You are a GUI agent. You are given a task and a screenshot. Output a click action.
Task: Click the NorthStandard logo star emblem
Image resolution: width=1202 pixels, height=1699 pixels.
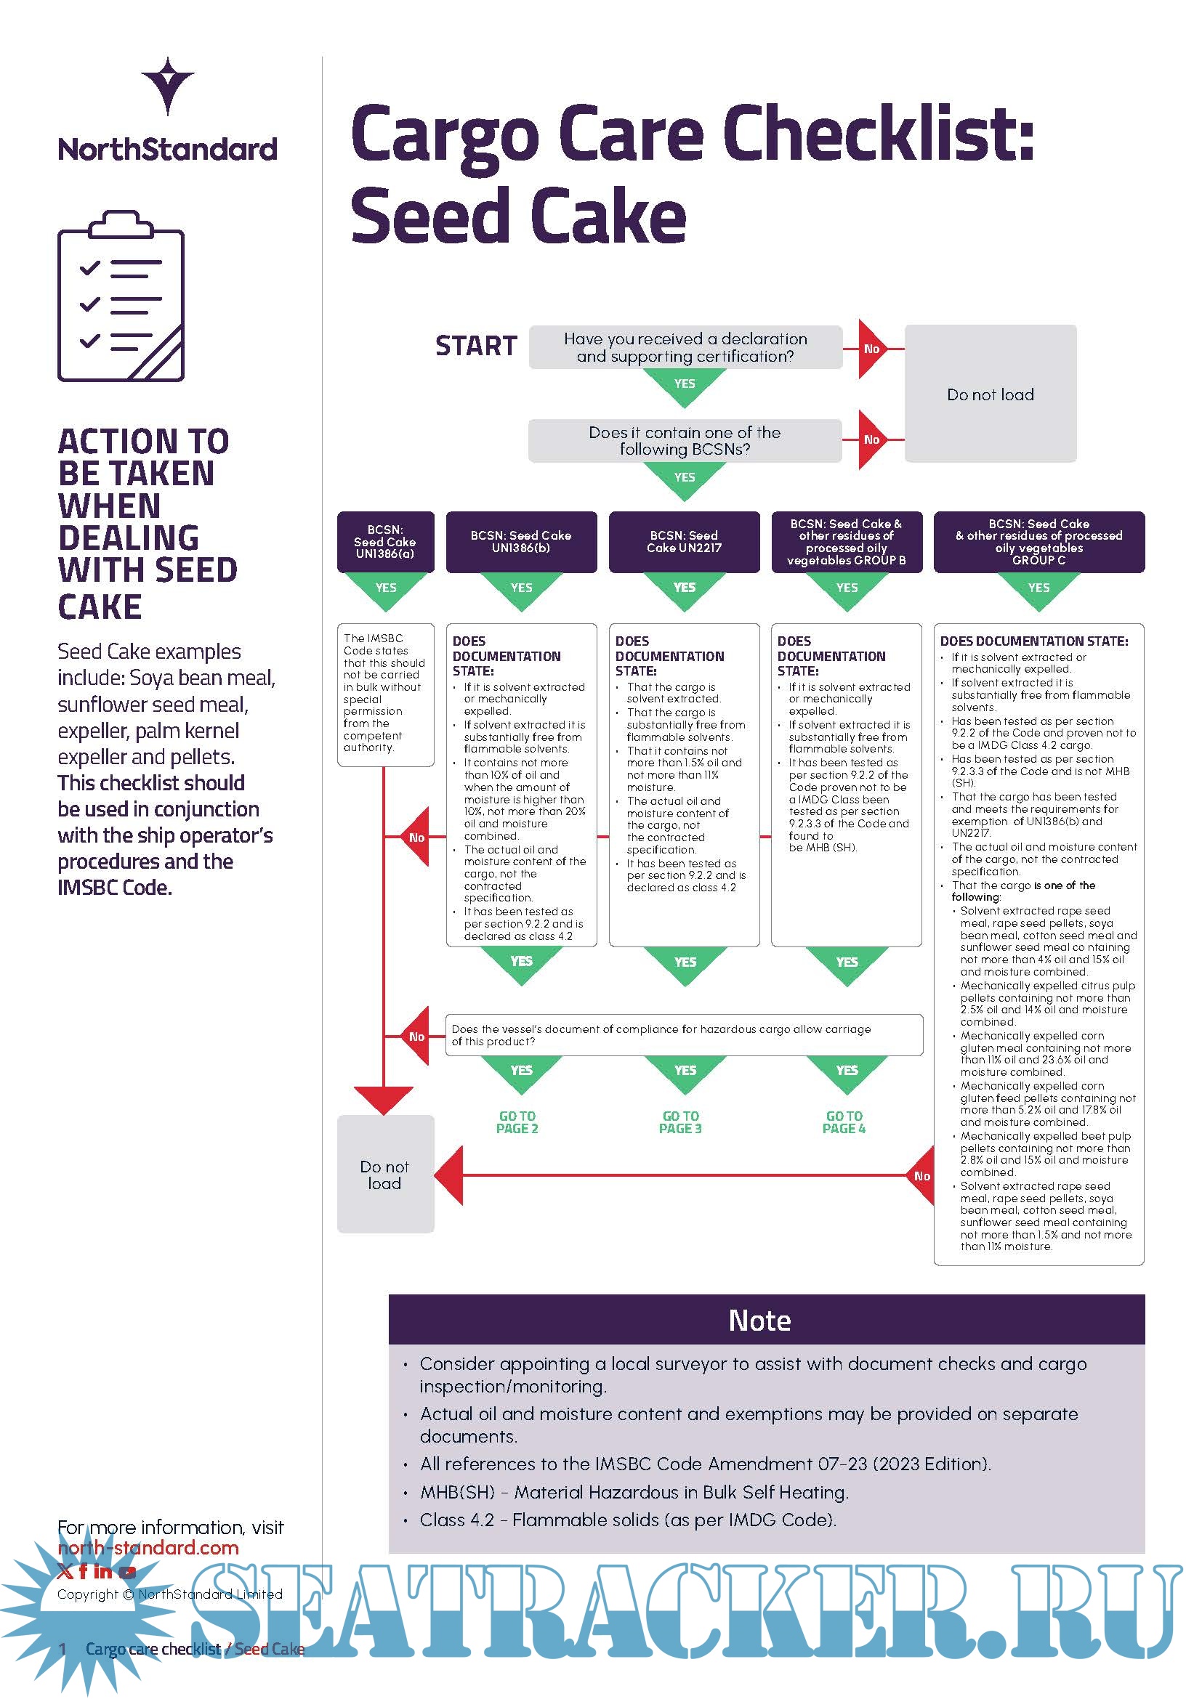point(168,84)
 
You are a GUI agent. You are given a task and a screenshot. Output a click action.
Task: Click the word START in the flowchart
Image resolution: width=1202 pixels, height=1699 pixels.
point(476,346)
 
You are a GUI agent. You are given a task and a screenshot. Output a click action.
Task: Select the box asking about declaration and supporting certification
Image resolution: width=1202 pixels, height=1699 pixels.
point(685,347)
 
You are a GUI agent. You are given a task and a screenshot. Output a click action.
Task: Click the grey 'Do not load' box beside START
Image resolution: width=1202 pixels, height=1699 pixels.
point(991,394)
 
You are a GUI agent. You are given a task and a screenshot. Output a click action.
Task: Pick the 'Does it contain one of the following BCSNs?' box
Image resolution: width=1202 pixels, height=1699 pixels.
point(685,441)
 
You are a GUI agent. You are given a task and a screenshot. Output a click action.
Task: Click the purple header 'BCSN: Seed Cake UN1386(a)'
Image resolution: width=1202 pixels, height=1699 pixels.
point(385,542)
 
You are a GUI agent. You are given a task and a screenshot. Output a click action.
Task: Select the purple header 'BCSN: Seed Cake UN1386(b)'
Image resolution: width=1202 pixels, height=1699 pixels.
point(521,542)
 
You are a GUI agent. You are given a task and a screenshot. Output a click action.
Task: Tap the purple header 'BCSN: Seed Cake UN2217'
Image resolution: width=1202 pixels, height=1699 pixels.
point(684,542)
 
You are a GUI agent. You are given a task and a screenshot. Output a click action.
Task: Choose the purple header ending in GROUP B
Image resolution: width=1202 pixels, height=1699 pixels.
point(846,542)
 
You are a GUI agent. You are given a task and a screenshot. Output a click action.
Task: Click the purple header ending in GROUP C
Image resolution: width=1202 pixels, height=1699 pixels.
point(1038,542)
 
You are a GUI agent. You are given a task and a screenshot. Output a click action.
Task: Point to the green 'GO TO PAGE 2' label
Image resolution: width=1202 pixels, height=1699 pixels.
point(517,1122)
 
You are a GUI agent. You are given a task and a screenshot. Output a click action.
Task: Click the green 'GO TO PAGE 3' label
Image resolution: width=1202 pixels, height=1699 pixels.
point(680,1122)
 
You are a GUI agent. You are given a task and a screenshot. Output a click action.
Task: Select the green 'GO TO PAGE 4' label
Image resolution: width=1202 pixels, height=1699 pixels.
point(844,1122)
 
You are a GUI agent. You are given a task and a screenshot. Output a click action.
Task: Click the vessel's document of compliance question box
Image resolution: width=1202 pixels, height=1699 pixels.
point(684,1034)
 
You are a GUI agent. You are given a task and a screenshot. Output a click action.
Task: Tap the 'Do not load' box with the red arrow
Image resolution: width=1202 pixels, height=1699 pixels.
point(385,1175)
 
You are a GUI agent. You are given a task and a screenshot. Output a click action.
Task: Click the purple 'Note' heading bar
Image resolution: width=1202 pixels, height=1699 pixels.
point(766,1320)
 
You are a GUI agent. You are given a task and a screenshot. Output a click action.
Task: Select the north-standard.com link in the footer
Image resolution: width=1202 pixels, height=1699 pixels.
point(148,1548)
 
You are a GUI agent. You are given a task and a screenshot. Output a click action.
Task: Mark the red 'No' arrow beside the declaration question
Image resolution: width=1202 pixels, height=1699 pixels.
point(871,349)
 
